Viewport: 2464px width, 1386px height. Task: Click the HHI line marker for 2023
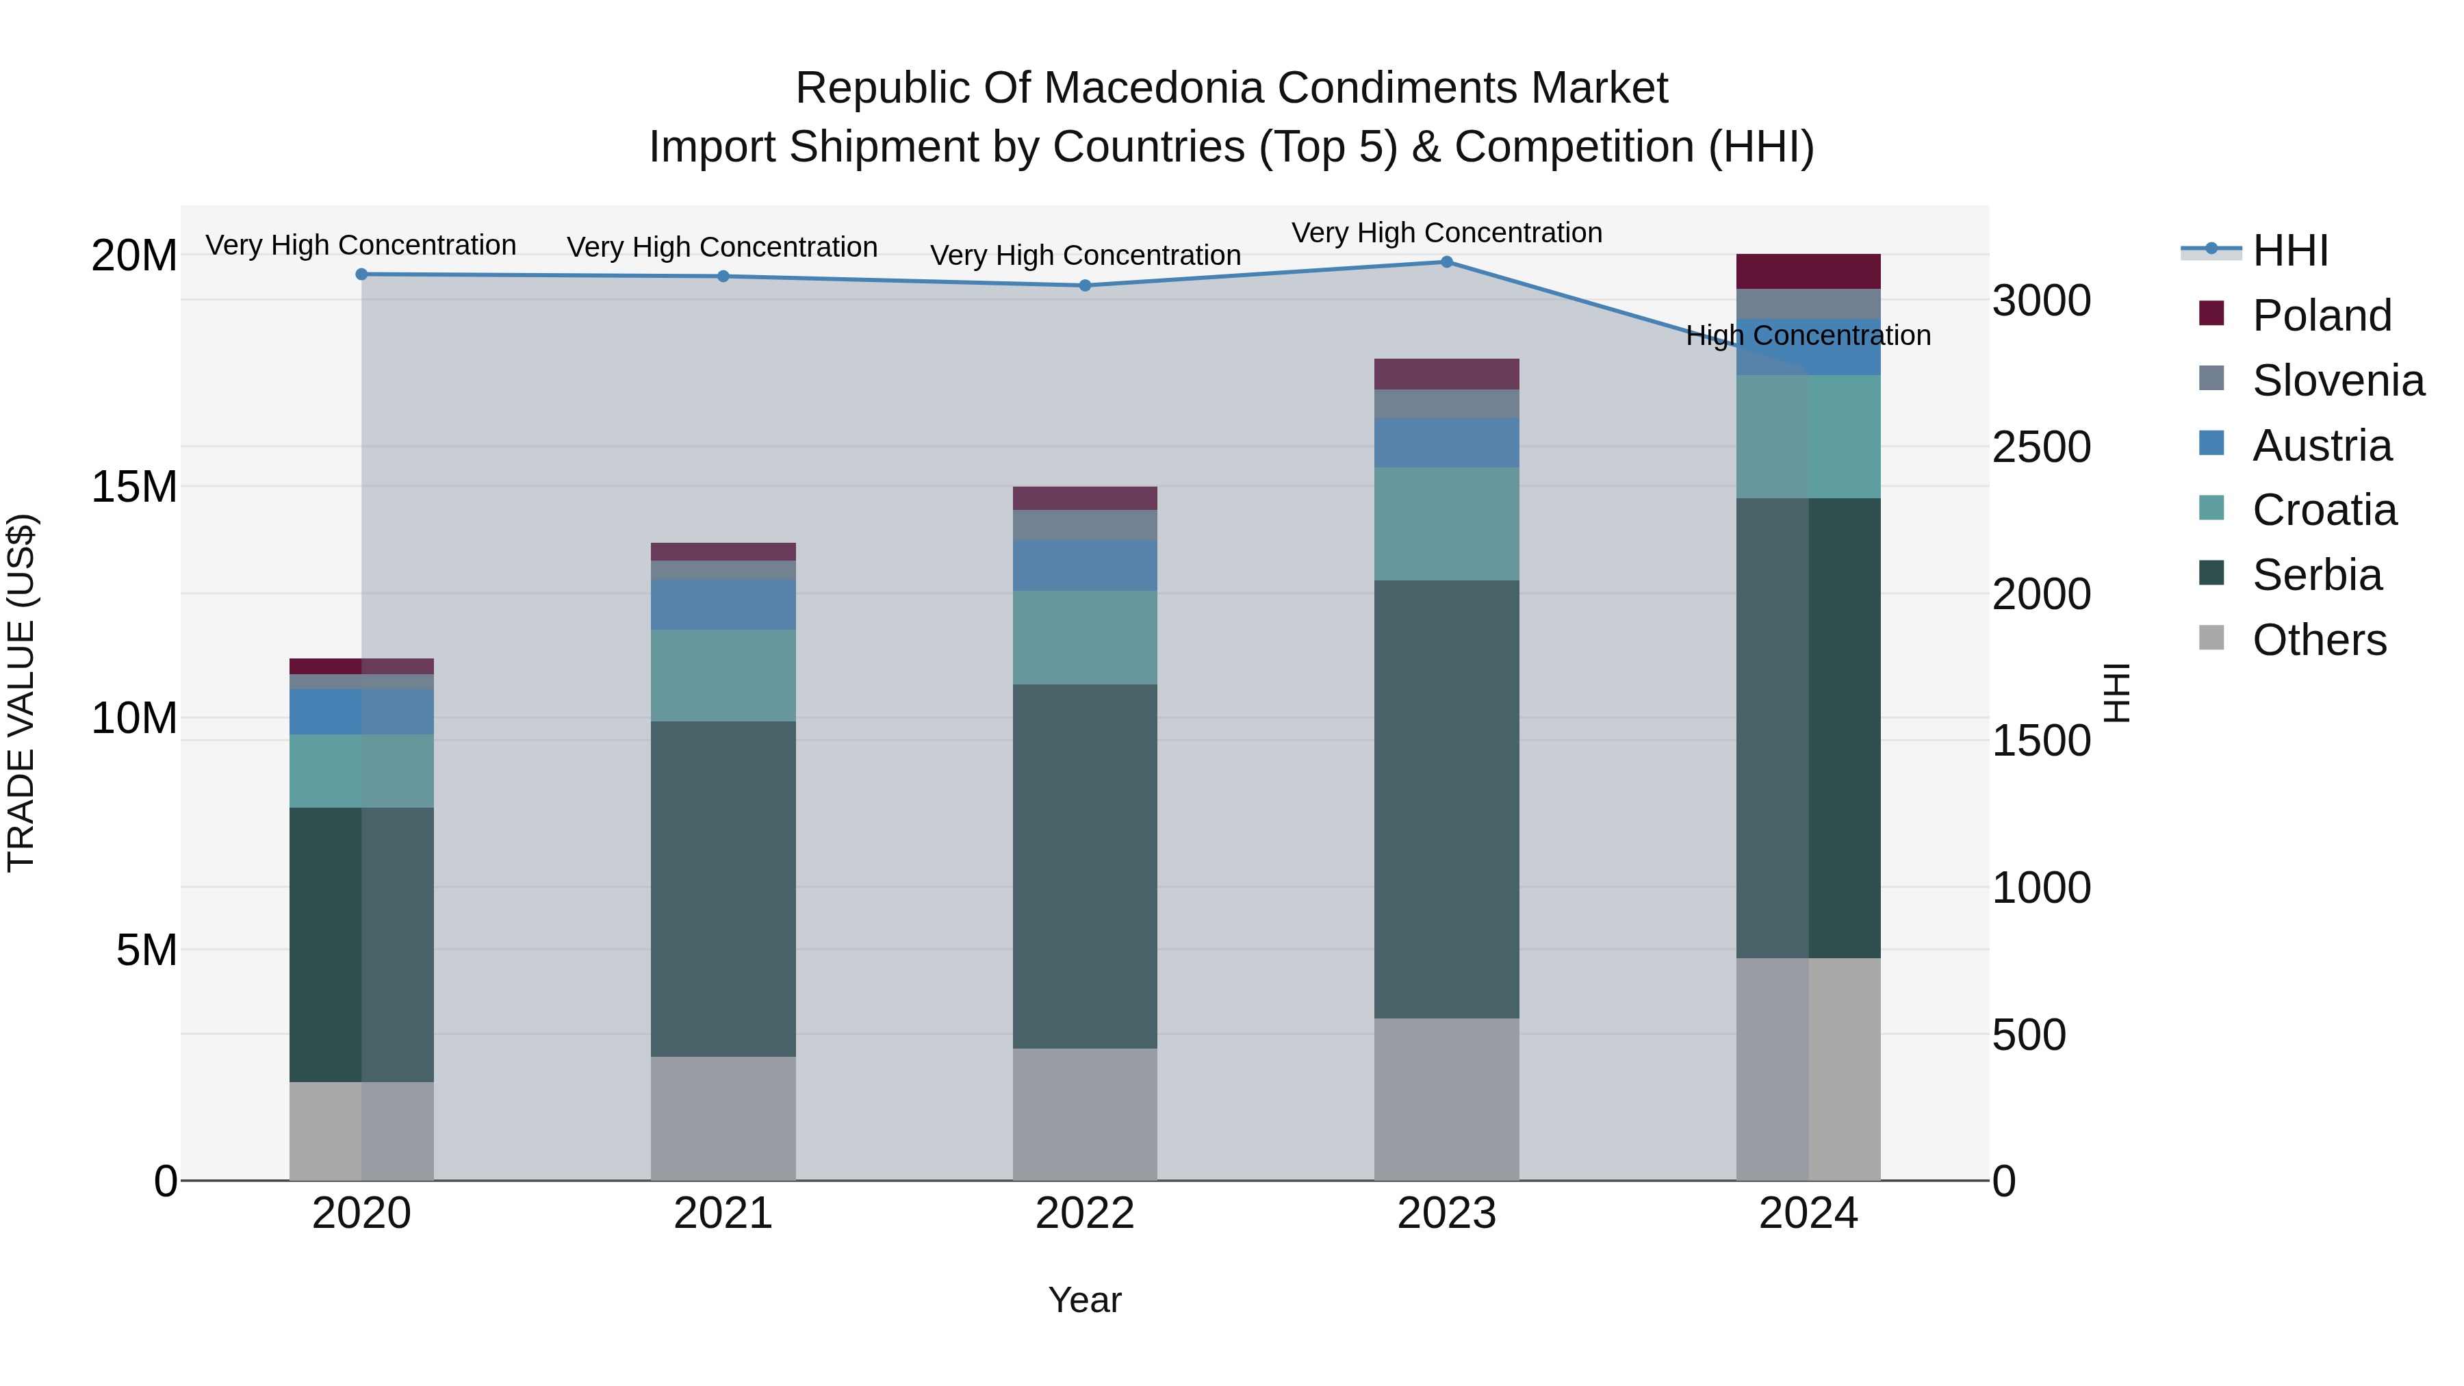coord(1446,262)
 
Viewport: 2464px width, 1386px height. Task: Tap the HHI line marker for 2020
coord(361,274)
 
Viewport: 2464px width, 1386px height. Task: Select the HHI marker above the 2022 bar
coord(1085,285)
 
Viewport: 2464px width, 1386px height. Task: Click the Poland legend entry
coord(2295,315)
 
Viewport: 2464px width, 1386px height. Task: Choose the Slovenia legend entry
coord(2311,380)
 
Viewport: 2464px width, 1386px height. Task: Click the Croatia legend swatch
coord(2211,508)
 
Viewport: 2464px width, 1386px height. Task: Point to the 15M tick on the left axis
coord(134,487)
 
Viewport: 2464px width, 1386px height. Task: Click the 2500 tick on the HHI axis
coord(2042,447)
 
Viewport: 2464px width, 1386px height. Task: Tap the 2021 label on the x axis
coord(723,1213)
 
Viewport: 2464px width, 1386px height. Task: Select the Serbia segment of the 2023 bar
coord(1446,799)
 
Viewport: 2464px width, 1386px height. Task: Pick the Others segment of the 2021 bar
coord(723,1118)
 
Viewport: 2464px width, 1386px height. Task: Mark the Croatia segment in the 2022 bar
coord(1085,637)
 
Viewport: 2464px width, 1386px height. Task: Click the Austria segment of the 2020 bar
coord(361,712)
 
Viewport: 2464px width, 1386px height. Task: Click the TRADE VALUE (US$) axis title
coord(21,693)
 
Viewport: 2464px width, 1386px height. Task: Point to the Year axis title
coord(1085,1300)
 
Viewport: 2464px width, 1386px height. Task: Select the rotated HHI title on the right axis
coord(2118,693)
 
